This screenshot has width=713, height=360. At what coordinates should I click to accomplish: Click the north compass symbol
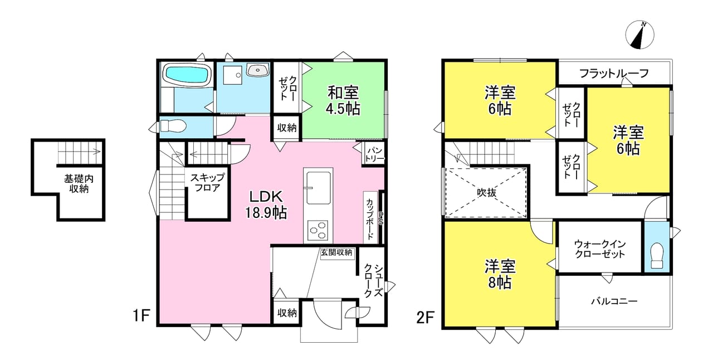(639, 35)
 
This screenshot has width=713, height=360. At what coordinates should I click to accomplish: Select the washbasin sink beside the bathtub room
(258, 70)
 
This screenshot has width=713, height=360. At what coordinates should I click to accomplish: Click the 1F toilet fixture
(173, 126)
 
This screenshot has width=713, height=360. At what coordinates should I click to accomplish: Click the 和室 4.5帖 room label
(343, 100)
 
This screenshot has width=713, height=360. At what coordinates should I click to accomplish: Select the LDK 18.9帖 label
(266, 205)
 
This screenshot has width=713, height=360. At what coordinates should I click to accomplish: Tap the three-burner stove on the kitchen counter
(318, 230)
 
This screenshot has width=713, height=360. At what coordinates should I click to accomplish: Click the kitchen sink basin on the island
(318, 187)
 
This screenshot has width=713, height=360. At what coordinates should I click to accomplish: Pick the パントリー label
(375, 154)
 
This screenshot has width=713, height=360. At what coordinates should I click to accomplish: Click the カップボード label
(370, 219)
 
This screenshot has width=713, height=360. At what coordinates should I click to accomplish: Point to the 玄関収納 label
(336, 252)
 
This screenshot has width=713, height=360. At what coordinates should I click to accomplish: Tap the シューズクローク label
(373, 281)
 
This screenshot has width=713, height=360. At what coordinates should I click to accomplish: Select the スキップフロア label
(208, 183)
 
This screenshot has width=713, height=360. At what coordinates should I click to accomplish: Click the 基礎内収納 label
(79, 184)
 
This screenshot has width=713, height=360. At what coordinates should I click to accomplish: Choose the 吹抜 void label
(486, 192)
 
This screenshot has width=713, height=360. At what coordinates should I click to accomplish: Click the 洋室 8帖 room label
(500, 274)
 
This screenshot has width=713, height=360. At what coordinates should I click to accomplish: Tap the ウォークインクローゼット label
(600, 249)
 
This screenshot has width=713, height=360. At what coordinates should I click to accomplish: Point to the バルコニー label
(614, 301)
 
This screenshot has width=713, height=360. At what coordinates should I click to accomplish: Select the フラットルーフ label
(614, 74)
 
